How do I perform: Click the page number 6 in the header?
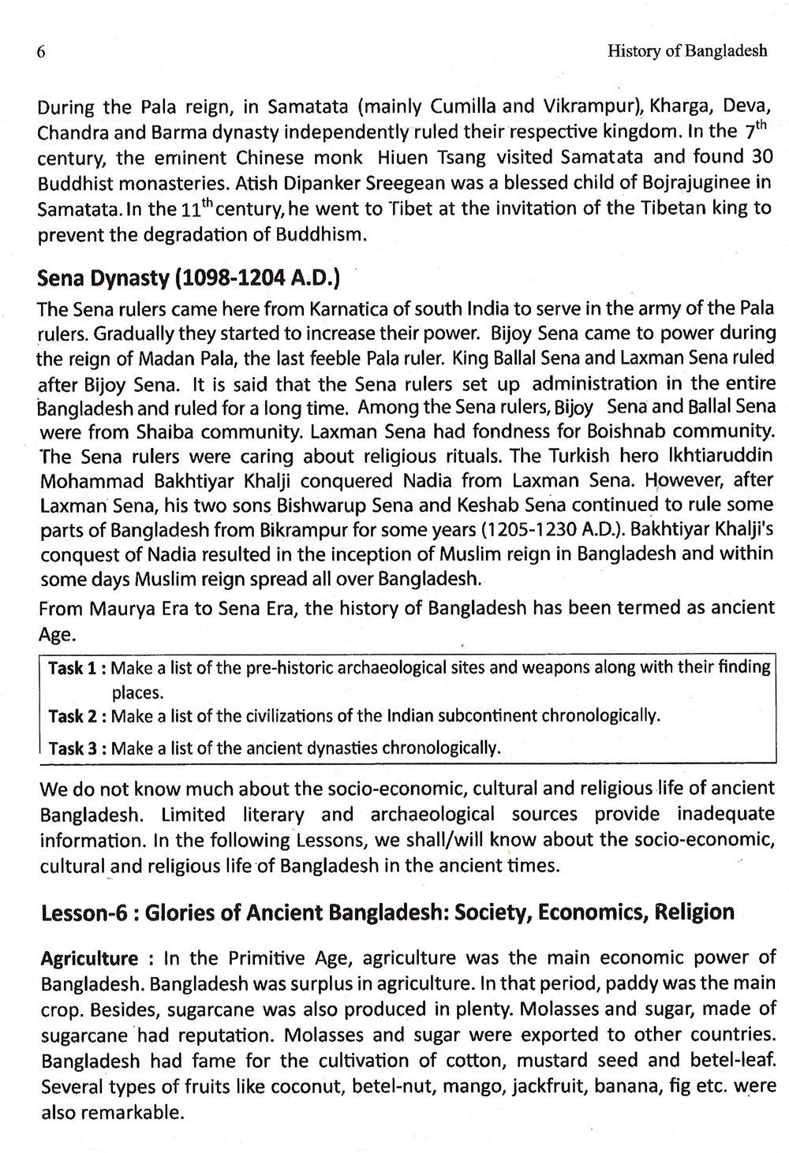[x=41, y=53]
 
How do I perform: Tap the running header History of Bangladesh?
[x=687, y=52]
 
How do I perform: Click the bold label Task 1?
[x=73, y=669]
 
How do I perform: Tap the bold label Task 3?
[x=73, y=748]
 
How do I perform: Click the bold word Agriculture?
[x=88, y=959]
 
